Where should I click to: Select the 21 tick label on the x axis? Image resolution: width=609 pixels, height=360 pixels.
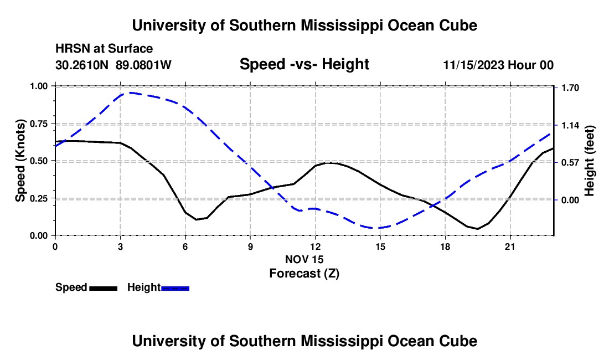coord(510,246)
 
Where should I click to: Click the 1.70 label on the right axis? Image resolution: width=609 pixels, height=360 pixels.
coord(571,88)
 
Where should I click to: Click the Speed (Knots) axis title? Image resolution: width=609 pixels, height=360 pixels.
coord(20,161)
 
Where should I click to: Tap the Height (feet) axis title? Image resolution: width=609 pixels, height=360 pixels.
coord(589,161)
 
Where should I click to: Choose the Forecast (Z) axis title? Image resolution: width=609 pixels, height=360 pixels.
coord(304,274)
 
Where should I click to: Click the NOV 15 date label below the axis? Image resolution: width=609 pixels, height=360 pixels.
coord(304,259)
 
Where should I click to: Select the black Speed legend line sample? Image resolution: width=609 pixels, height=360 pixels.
coord(104,288)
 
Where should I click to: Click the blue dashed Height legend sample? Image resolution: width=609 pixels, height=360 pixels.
coord(175,288)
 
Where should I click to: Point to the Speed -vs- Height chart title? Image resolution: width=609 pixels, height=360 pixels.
coord(304,64)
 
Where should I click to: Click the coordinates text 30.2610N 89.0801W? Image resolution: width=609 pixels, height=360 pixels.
coord(113,65)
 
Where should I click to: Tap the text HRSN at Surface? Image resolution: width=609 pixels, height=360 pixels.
coord(104,49)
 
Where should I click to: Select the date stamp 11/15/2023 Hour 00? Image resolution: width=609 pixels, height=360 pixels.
coord(499,65)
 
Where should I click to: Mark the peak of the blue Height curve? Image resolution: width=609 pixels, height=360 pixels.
coord(131,93)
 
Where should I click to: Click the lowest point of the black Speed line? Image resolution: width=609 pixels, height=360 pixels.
coord(477,229)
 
